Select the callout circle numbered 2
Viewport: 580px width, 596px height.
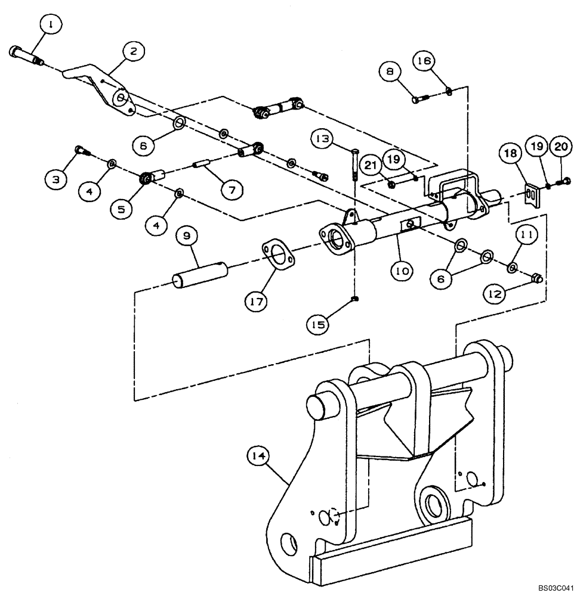tap(133, 52)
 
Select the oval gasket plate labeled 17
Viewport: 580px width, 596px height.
tap(276, 254)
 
